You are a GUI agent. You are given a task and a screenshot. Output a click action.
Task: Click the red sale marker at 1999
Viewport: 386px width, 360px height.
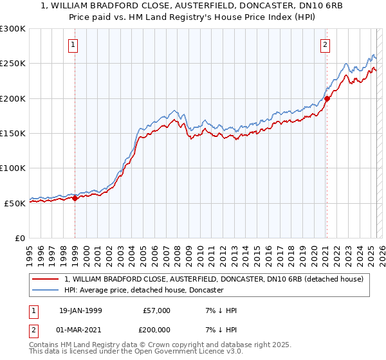[x=75, y=198]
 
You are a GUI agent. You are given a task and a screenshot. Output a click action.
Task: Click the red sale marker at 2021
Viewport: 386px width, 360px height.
[x=327, y=98]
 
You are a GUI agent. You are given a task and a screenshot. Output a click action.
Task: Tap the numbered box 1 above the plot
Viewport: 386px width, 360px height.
[x=75, y=45]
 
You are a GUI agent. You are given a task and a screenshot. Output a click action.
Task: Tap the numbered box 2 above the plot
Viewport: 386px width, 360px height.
[x=326, y=45]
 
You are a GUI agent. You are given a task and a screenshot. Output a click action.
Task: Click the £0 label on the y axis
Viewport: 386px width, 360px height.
[x=19, y=238]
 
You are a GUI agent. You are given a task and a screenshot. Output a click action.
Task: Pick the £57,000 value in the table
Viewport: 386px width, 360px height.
[x=157, y=310]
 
